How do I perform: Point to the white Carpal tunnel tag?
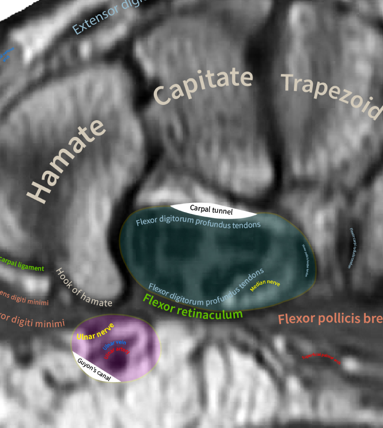coord(211,209)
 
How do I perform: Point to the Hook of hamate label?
coord(84,288)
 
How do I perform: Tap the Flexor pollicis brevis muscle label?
coord(330,319)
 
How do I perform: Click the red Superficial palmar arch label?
coord(322,359)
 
